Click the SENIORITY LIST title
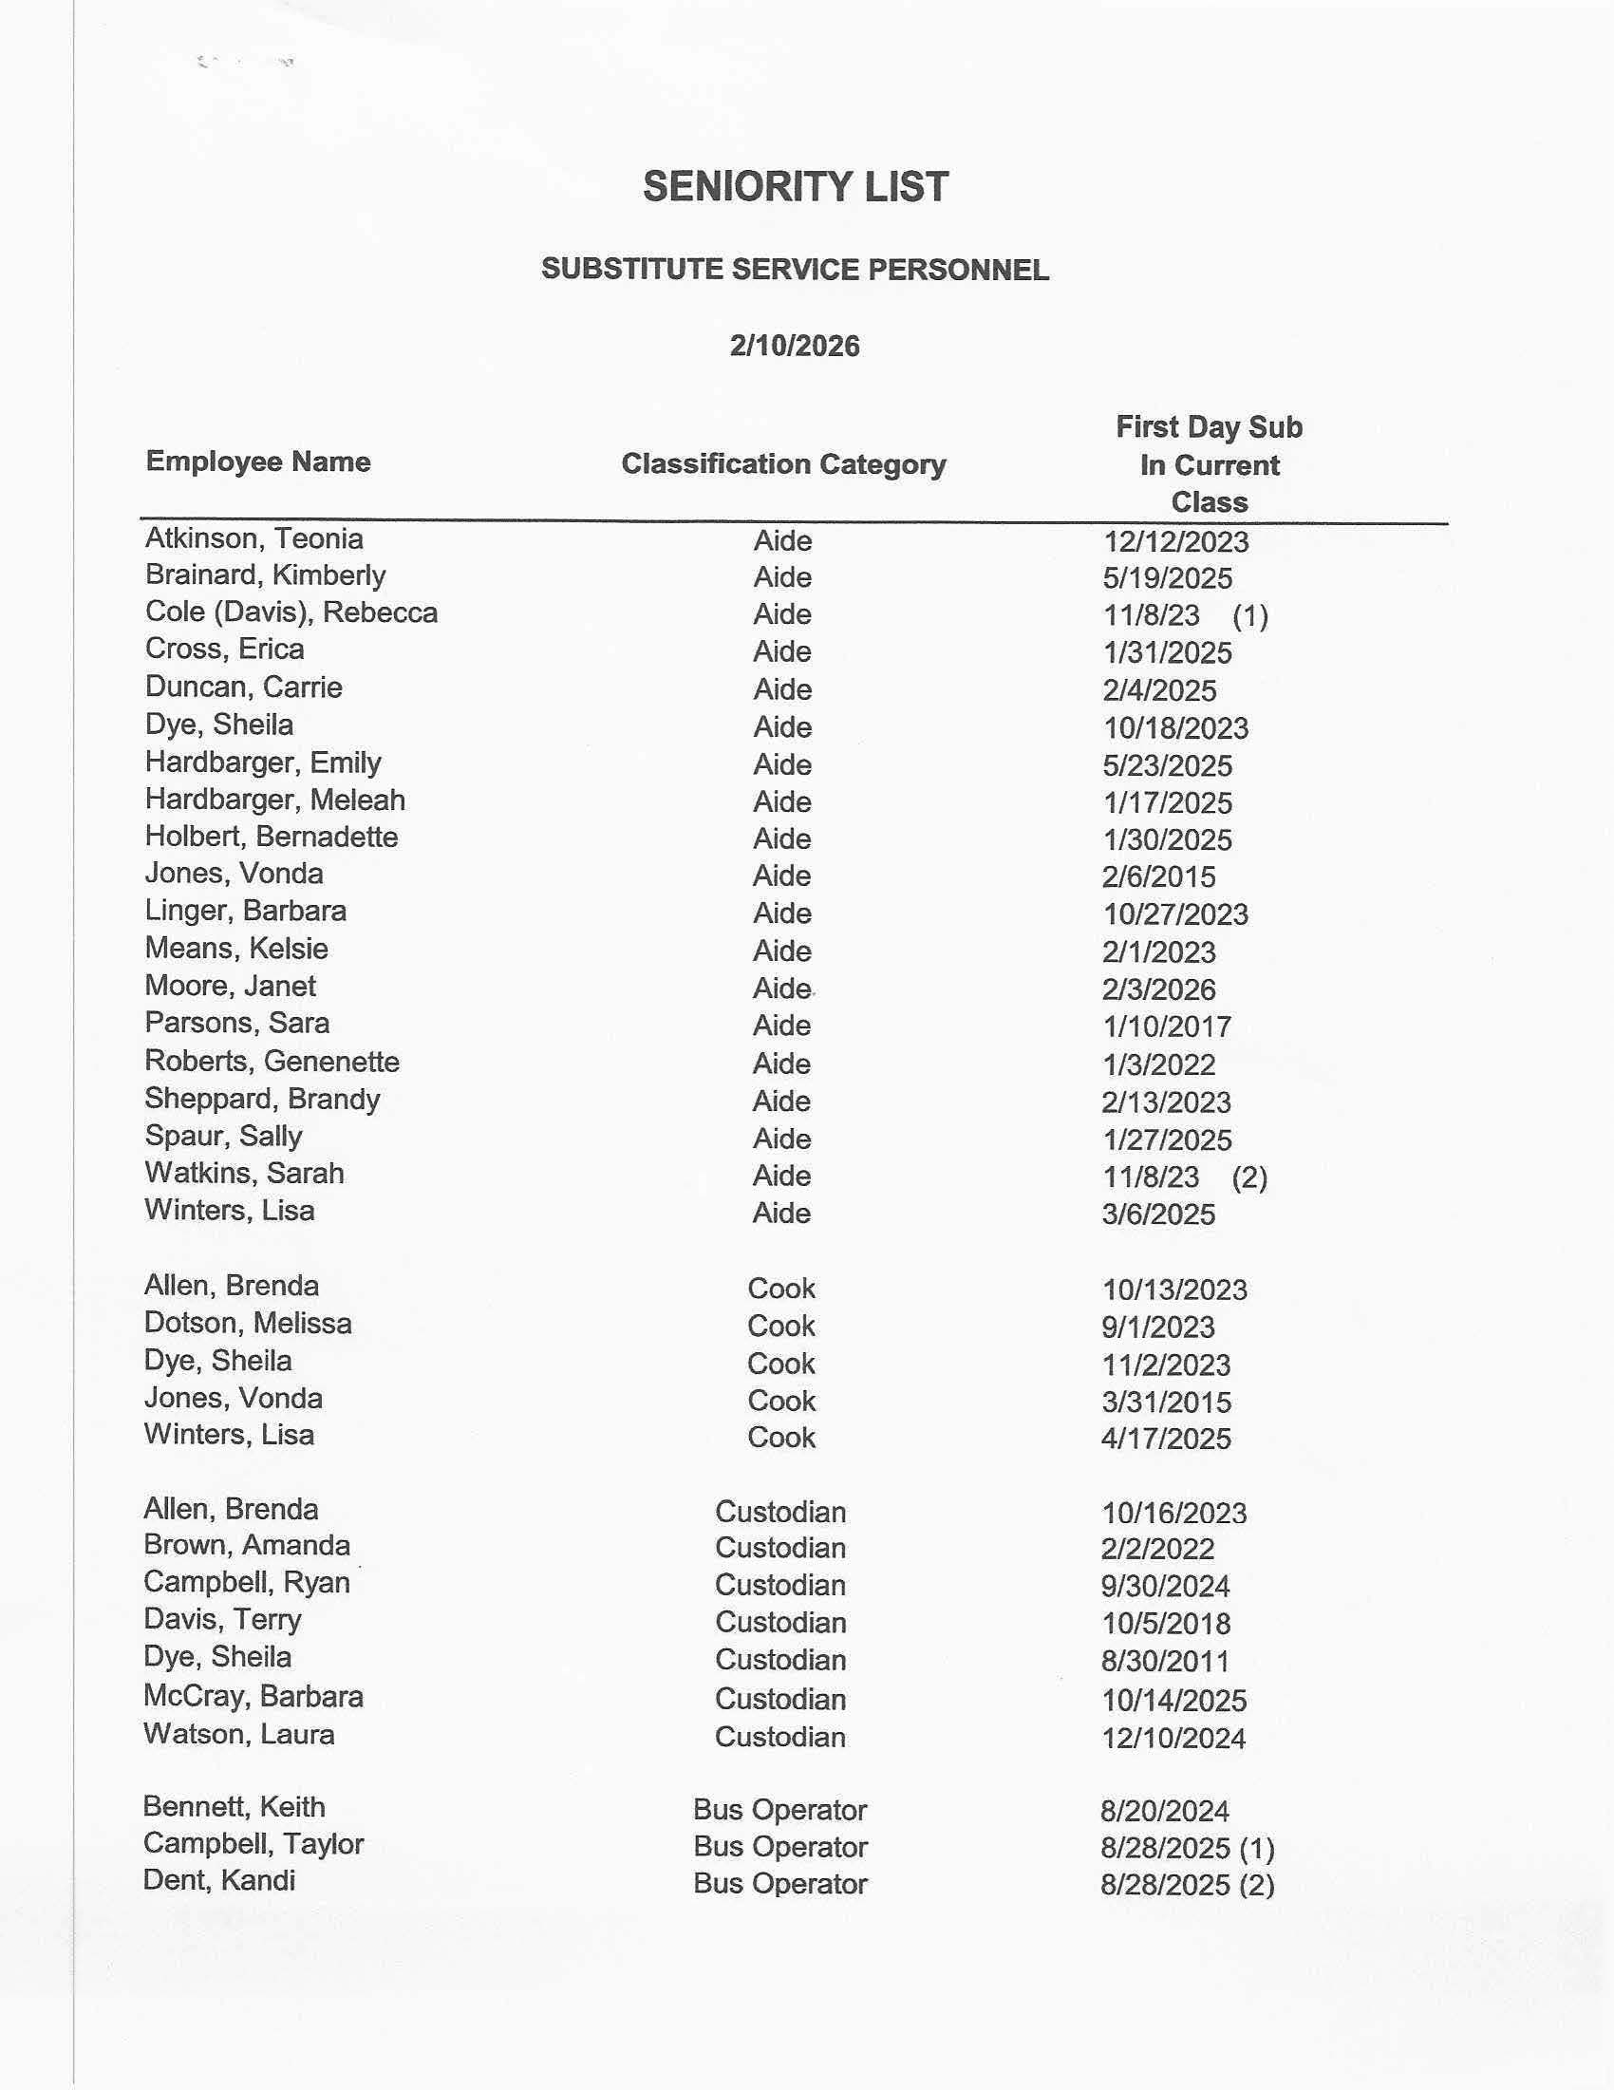pos(795,187)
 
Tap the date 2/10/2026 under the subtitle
pos(794,346)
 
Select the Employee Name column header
pos(257,461)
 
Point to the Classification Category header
pos(782,464)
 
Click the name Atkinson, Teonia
pos(253,538)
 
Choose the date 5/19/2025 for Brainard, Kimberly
pos(1167,578)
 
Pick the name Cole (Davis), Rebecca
pos(291,612)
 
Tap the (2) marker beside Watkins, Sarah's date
pos(1249,1177)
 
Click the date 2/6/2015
pos(1157,876)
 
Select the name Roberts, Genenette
pos(272,1062)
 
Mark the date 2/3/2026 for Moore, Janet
pos(1157,989)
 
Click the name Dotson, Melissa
pos(248,1324)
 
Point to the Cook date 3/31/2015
pos(1165,1403)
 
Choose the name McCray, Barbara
pos(253,1697)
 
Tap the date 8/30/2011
pos(1164,1662)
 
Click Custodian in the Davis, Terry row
pos(779,1622)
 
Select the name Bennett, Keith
pos(234,1807)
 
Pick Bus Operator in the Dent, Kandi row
pos(779,1883)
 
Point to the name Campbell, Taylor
pos(253,1844)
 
